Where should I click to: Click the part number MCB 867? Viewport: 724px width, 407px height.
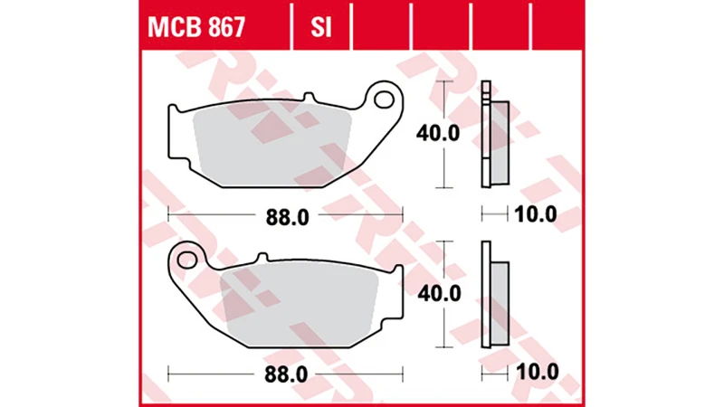[x=194, y=28]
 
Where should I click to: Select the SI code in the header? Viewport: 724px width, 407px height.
[x=320, y=28]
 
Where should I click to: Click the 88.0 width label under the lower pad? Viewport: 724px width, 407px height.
[x=282, y=372]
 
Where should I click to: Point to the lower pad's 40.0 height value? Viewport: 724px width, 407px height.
[x=438, y=295]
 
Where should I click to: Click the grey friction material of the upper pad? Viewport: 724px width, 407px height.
[x=271, y=136]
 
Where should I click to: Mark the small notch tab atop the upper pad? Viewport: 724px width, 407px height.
[x=309, y=97]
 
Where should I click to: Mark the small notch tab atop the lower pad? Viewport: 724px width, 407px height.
[x=262, y=258]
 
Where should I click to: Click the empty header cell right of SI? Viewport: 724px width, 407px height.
[x=379, y=28]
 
